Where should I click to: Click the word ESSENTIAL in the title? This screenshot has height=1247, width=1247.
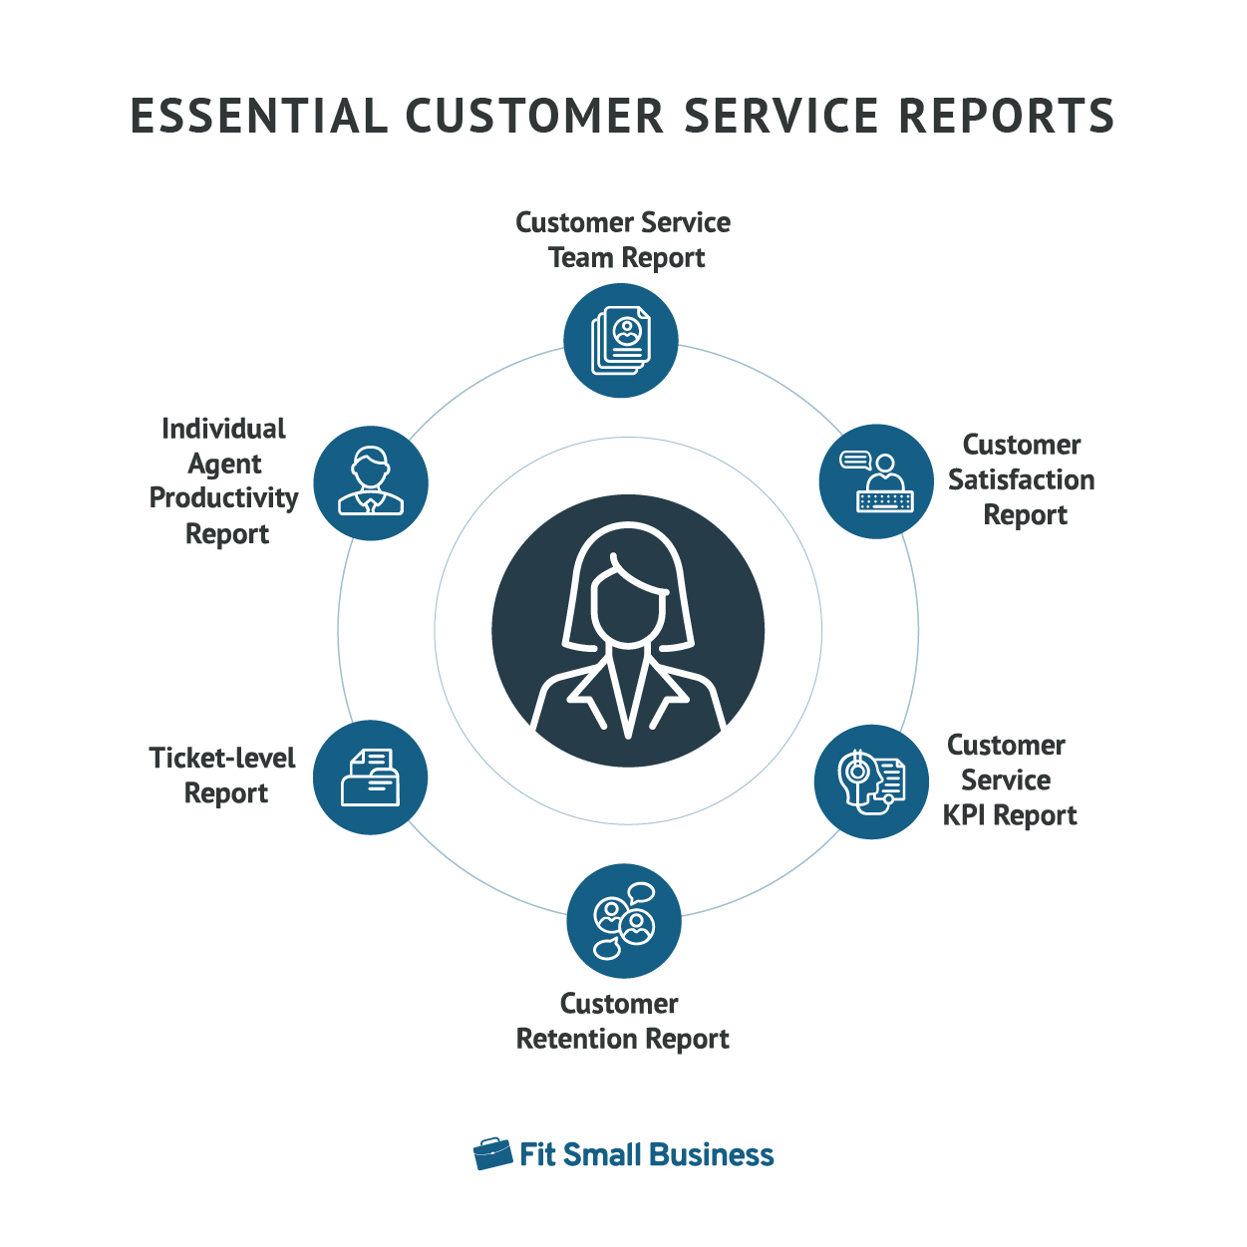pyautogui.click(x=259, y=117)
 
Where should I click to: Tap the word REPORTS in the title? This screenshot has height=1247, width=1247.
pyautogui.click(x=1006, y=117)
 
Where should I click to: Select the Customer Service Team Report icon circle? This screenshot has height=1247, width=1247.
pyautogui.click(x=620, y=340)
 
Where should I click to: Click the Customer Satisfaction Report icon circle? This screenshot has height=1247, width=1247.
pyautogui.click(x=875, y=481)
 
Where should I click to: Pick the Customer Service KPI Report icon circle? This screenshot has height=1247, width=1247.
pyautogui.click(x=871, y=781)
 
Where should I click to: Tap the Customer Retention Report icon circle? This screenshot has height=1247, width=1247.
pyautogui.click(x=624, y=921)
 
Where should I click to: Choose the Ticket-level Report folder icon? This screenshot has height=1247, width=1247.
pyautogui.click(x=370, y=778)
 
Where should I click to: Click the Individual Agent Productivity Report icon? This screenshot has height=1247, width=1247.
pyautogui.click(x=371, y=482)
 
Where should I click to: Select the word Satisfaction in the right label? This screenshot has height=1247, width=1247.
pyautogui.click(x=1021, y=480)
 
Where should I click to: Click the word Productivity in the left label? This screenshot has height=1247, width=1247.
pyautogui.click(x=224, y=499)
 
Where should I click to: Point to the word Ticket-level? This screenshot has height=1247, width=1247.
pyautogui.click(x=222, y=758)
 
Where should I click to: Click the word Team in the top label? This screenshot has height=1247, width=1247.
pyautogui.click(x=580, y=257)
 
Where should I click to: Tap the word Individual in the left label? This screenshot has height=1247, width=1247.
pyautogui.click(x=223, y=429)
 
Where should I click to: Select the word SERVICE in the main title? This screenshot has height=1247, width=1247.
pyautogui.click(x=781, y=117)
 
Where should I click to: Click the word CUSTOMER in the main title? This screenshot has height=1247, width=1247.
pyautogui.click(x=535, y=117)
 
